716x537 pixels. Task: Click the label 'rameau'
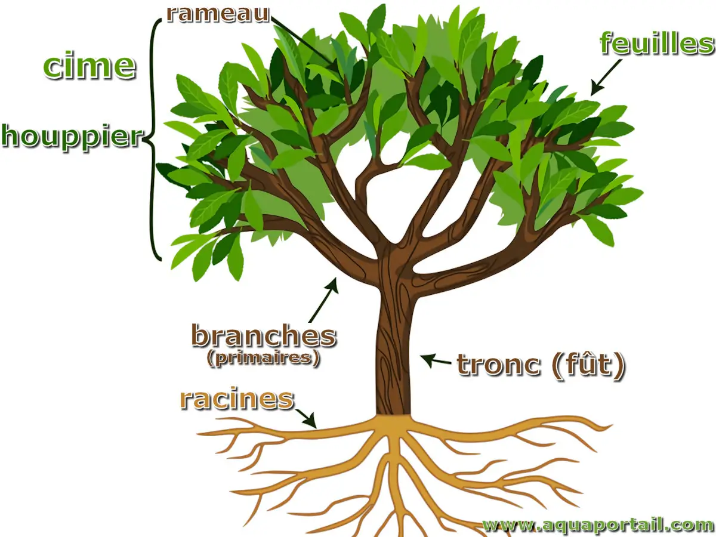pyautogui.click(x=218, y=13)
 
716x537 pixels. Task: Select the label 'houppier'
pyautogui.click(x=72, y=137)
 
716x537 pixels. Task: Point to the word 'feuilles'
pyautogui.click(x=657, y=44)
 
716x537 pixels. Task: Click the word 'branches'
pyautogui.click(x=263, y=336)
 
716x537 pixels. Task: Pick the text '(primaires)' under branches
pyautogui.click(x=263, y=358)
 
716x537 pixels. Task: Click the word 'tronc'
pyautogui.click(x=499, y=365)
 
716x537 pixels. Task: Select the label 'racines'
pyautogui.click(x=237, y=399)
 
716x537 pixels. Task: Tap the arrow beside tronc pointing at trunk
pyautogui.click(x=436, y=360)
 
